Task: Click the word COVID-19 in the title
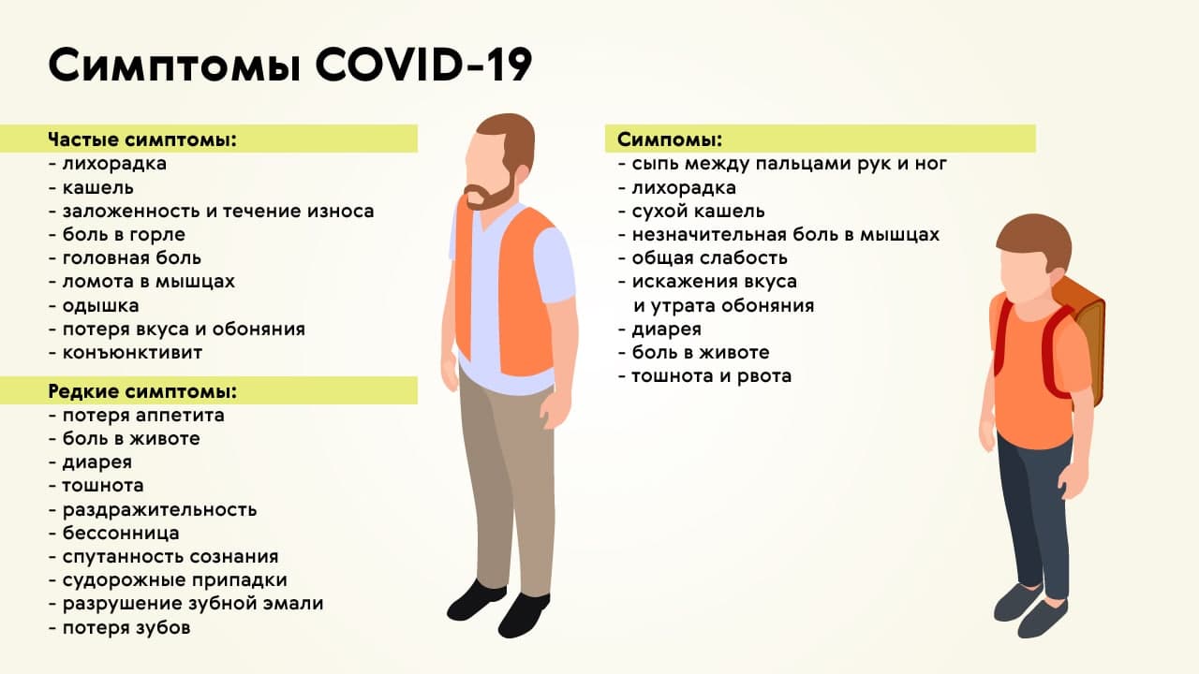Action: [423, 65]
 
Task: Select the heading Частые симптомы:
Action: [142, 139]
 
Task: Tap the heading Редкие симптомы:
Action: [142, 391]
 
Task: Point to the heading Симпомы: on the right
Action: [670, 139]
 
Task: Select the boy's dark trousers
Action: [1034, 514]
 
